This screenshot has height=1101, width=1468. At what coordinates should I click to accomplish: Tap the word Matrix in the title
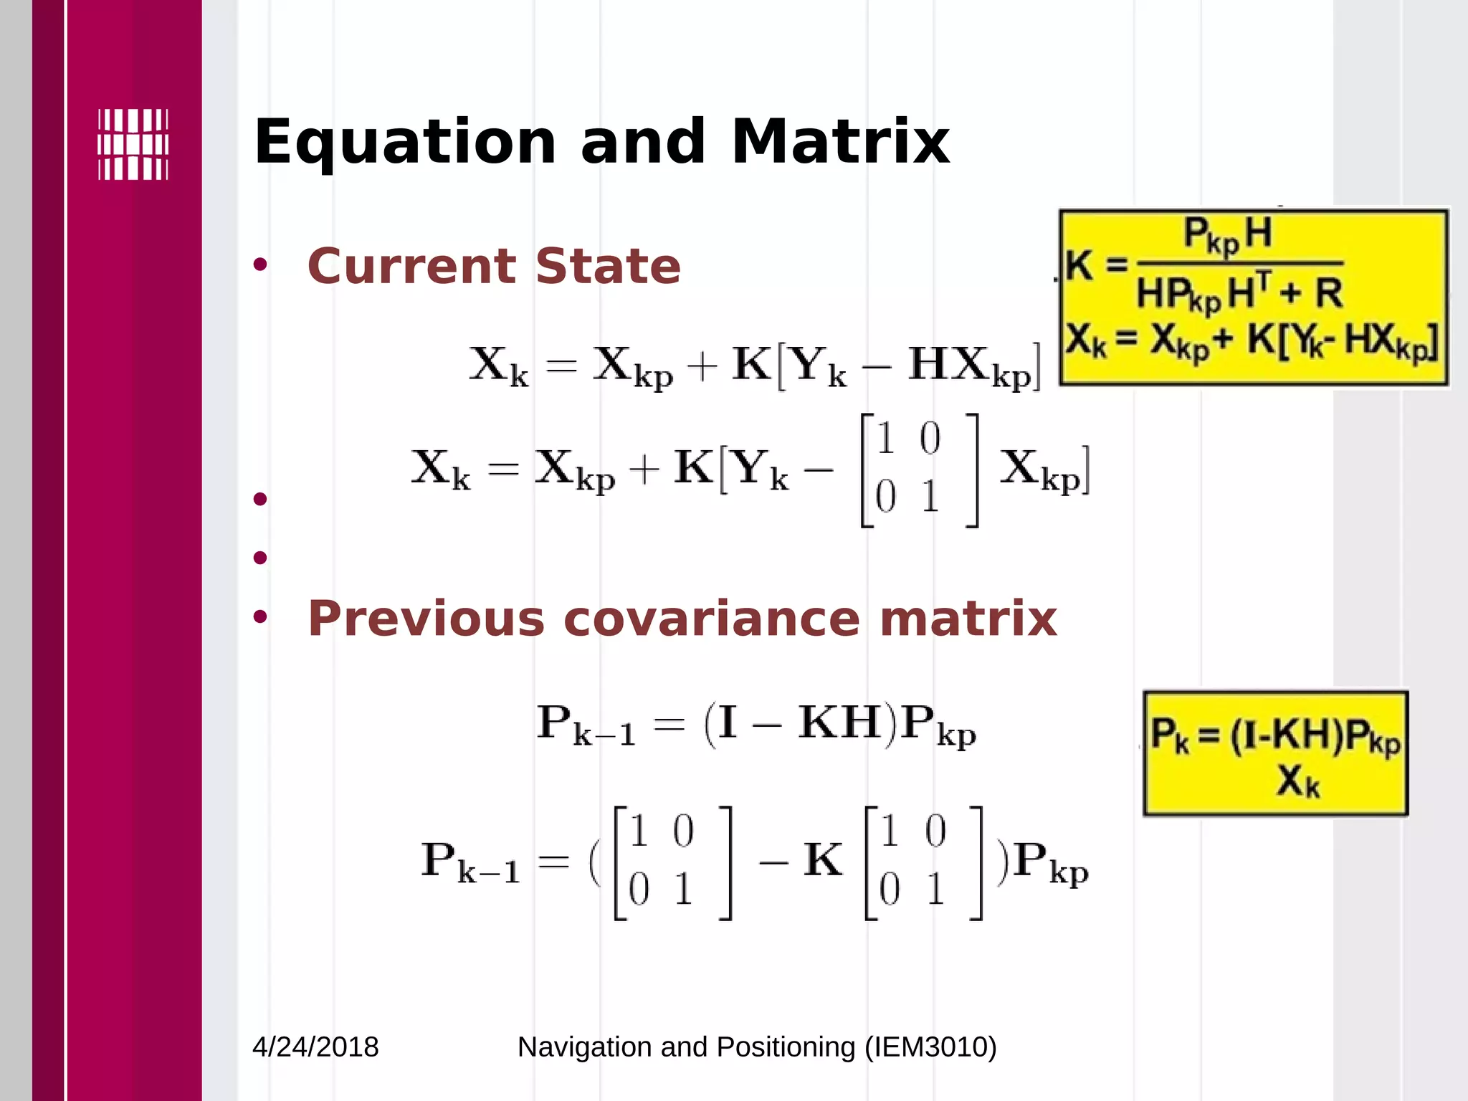[x=840, y=142]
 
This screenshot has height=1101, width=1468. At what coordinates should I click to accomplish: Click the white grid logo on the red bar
[x=133, y=144]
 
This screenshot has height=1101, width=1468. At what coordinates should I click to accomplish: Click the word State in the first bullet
[x=608, y=266]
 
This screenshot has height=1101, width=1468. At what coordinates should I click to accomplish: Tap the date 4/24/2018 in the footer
[x=315, y=1047]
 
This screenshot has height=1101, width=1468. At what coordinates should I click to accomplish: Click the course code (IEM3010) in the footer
[x=930, y=1047]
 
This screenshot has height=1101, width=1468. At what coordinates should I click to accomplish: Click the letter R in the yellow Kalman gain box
[x=1328, y=293]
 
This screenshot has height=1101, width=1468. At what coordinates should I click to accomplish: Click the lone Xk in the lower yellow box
[x=1297, y=781]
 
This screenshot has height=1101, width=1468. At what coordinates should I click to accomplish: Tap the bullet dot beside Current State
[x=260, y=265]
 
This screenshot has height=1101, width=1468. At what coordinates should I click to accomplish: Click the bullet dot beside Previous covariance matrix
[x=260, y=616]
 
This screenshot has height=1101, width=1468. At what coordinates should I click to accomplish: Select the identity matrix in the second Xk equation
[x=919, y=470]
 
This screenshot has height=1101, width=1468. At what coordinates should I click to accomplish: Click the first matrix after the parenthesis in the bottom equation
[x=672, y=862]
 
